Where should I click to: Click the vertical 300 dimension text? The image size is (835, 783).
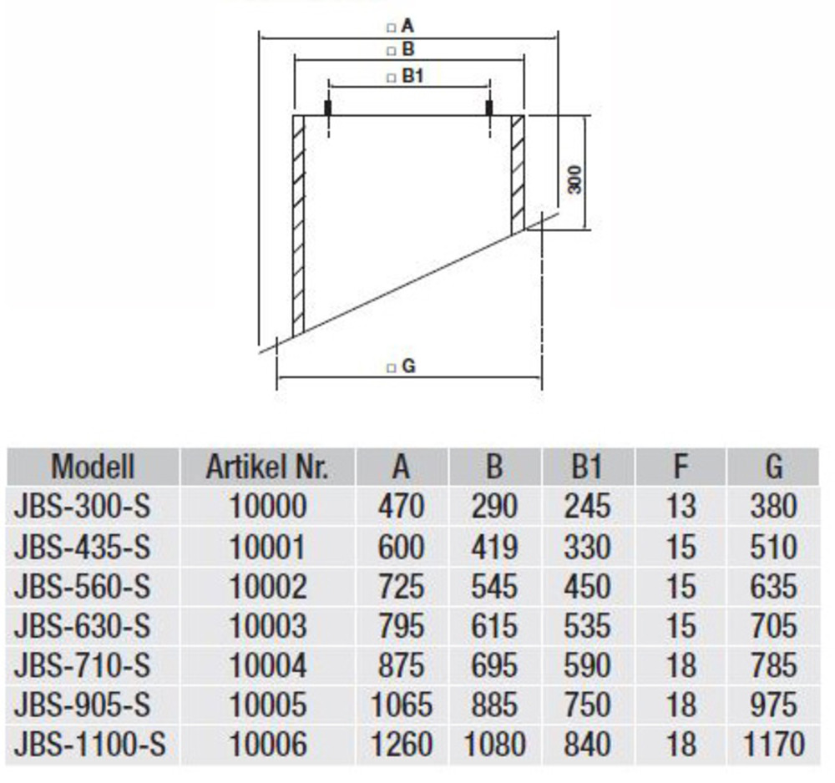tap(574, 180)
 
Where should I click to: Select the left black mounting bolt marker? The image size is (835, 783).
tap(328, 108)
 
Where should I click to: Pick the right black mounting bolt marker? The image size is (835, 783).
tap(489, 108)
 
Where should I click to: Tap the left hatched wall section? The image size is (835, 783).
tap(298, 225)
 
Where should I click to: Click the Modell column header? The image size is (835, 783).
tap(93, 467)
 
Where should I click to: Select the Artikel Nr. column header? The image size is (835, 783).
tap(267, 467)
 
